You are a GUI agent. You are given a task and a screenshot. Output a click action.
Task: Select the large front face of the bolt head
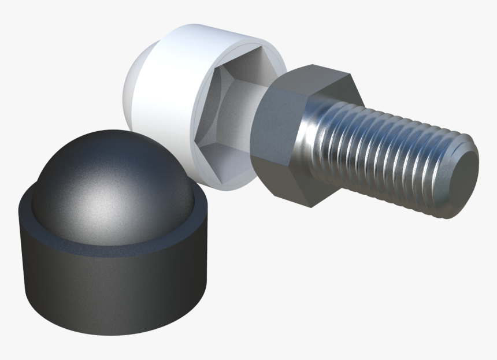point(277,139)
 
